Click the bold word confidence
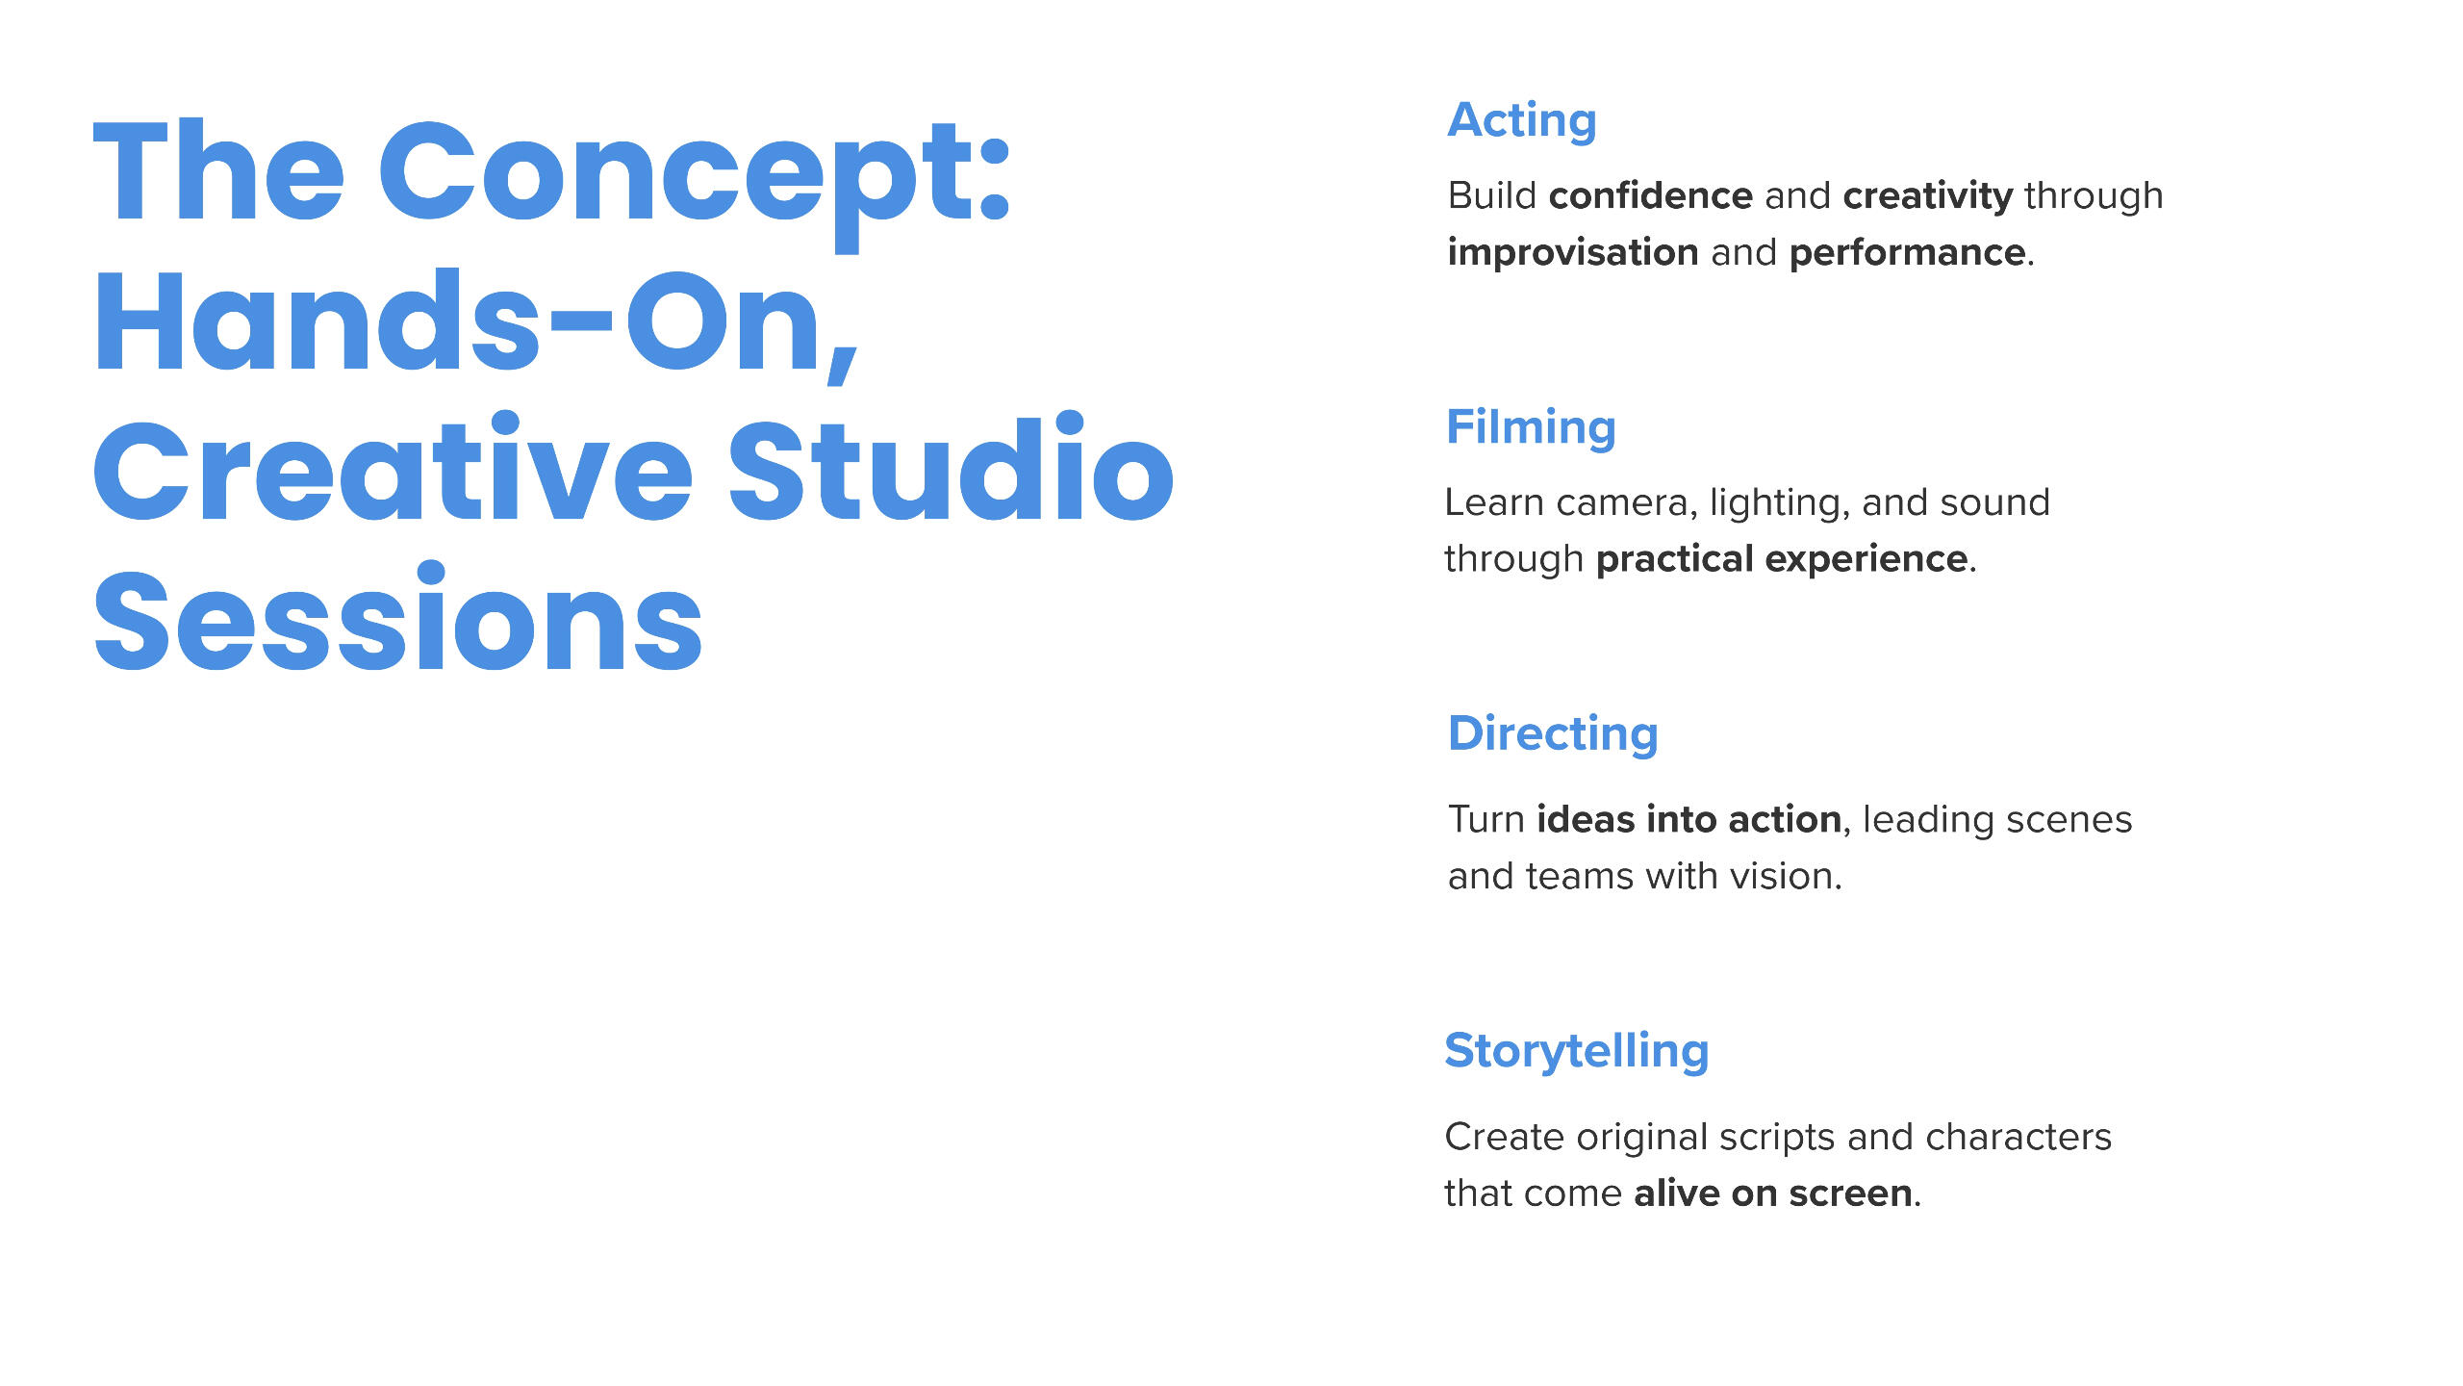click(x=1651, y=195)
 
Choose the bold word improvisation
click(x=1573, y=253)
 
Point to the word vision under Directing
click(x=1786, y=877)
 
